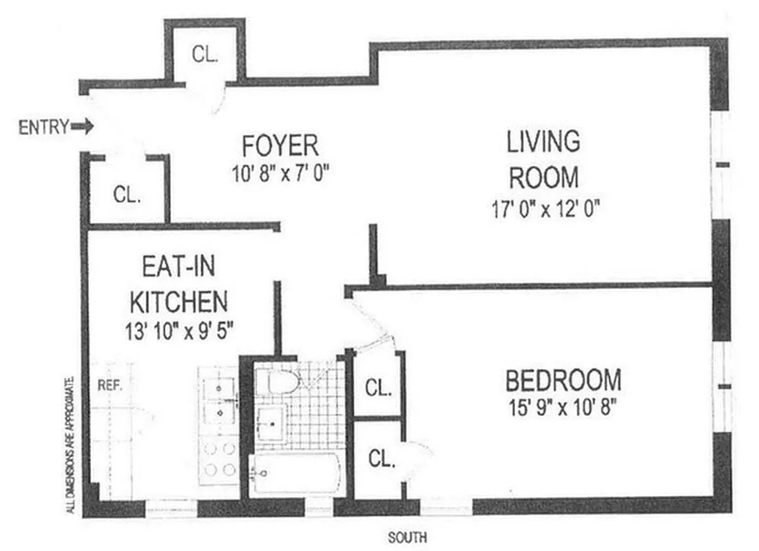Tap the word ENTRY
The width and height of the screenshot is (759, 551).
click(43, 127)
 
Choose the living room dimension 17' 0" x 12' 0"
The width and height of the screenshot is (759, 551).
click(544, 208)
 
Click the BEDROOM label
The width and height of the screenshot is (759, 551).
click(563, 380)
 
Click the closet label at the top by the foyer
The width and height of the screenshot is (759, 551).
click(205, 56)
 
